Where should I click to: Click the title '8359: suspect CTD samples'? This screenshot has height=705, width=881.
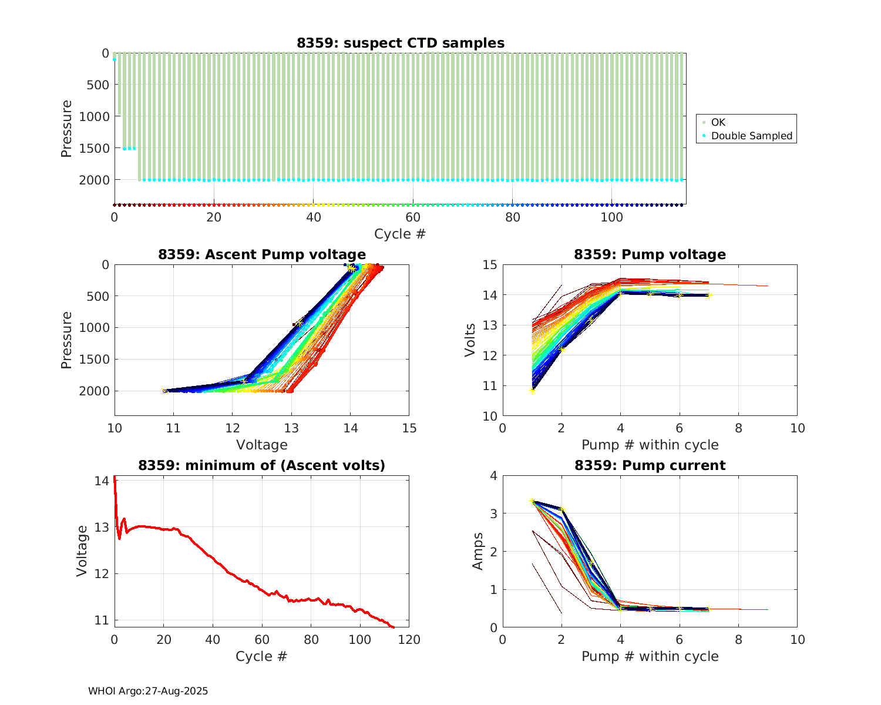pyautogui.click(x=400, y=43)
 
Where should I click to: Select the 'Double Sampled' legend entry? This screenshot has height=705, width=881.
pyautogui.click(x=751, y=136)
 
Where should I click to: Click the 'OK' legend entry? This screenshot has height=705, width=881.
pyautogui.click(x=718, y=122)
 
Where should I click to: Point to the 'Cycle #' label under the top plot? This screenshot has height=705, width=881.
pyautogui.click(x=400, y=234)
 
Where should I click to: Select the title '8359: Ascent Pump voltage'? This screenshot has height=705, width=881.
pyautogui.click(x=262, y=254)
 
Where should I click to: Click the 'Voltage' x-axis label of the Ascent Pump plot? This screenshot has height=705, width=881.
pyautogui.click(x=262, y=445)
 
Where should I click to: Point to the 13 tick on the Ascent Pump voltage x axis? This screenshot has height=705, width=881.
pyautogui.click(x=291, y=428)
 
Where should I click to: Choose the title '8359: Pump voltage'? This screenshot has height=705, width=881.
pyautogui.click(x=650, y=254)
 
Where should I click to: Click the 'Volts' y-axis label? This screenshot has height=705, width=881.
pyautogui.click(x=470, y=340)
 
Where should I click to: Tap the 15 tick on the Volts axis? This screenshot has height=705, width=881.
pyautogui.click(x=490, y=265)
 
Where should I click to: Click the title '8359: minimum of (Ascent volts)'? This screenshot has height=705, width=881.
pyautogui.click(x=262, y=466)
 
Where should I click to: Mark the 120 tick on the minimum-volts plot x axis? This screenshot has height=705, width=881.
pyautogui.click(x=409, y=640)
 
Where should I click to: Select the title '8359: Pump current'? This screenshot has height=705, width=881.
pyautogui.click(x=650, y=466)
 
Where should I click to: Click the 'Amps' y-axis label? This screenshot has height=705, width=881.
pyautogui.click(x=478, y=551)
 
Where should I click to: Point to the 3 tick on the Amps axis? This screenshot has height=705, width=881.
pyautogui.click(x=493, y=513)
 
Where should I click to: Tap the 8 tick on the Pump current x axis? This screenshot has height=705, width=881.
pyautogui.click(x=738, y=640)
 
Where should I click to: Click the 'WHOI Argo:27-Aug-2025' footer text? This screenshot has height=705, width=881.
pyautogui.click(x=148, y=691)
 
